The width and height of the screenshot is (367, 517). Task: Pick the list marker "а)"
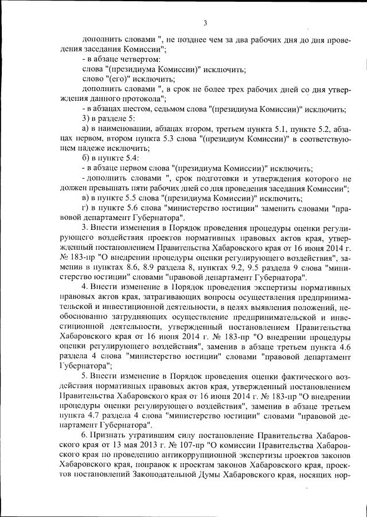click(x=87, y=129)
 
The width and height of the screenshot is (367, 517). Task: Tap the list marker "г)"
click(x=86, y=209)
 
